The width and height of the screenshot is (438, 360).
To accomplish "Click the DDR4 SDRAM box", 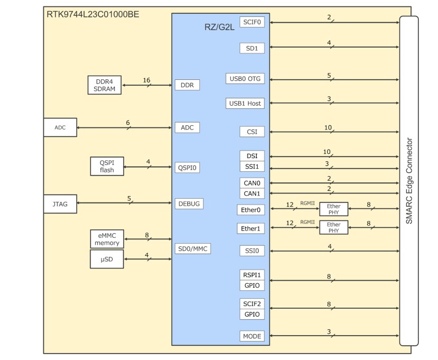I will [105, 85].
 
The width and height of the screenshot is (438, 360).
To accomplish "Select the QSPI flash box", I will [107, 167].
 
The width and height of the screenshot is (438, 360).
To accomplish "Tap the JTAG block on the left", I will [60, 204].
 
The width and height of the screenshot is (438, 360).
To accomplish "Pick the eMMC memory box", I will [107, 239].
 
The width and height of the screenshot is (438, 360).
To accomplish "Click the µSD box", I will [107, 259].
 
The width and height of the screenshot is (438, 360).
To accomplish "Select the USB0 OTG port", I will [245, 79].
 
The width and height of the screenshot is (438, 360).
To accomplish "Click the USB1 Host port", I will [245, 104].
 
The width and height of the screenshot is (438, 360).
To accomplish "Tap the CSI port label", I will [252, 132].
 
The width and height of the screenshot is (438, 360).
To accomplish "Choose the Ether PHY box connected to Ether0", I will [334, 209].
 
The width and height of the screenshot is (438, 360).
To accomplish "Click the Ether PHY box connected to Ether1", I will [334, 228].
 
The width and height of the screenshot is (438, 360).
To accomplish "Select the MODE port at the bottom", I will [252, 336].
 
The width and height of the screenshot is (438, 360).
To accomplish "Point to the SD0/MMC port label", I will [193, 248].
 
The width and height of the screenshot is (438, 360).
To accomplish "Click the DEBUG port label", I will [189, 204].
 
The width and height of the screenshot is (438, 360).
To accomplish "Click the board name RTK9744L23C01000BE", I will [93, 14].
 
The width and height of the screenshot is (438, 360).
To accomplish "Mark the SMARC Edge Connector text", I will [409, 181].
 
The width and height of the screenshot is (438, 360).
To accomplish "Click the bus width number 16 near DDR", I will [147, 80].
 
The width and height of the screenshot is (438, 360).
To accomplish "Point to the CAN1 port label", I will [252, 193].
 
